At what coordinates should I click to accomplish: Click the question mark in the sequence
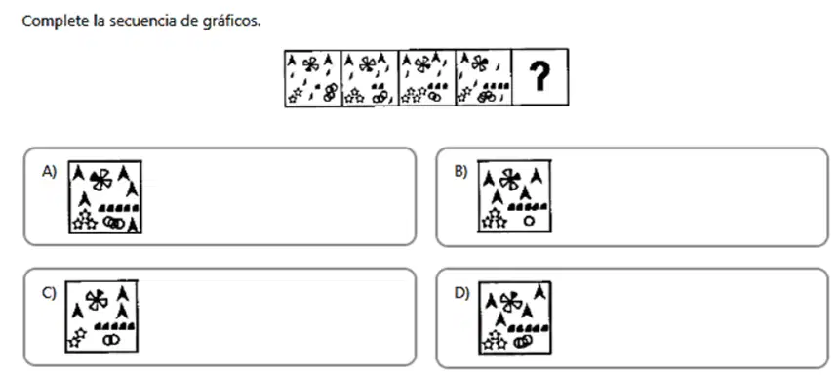tap(539, 76)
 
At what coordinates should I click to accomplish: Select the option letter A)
tap(49, 172)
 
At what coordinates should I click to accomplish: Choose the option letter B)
tap(460, 172)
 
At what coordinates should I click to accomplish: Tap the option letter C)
tap(49, 293)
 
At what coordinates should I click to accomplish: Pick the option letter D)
tap(461, 293)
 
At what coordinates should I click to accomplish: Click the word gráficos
tap(235, 21)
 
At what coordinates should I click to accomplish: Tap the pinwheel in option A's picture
tap(100, 180)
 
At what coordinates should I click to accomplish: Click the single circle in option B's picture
tap(529, 220)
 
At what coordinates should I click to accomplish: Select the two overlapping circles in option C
tap(111, 339)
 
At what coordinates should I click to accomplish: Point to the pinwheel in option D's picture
tap(510, 302)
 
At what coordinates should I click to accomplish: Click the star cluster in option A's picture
tap(85, 219)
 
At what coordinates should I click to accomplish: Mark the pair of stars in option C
tap(76, 338)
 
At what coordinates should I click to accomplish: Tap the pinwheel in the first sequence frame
tap(310, 63)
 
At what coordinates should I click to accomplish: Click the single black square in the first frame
tap(318, 86)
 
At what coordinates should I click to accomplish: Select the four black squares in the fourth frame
tap(497, 85)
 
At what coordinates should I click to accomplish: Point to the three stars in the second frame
tap(354, 97)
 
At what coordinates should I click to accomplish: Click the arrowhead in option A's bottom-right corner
tap(133, 226)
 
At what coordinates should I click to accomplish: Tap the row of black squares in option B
tap(527, 206)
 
